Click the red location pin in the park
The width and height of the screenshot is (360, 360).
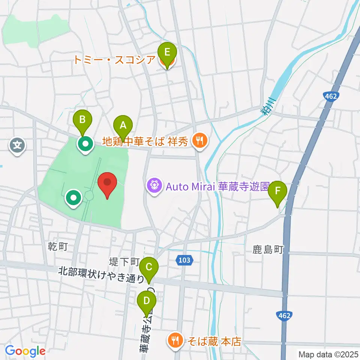pyautogui.click(x=107, y=184)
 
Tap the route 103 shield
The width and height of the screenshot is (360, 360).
pyautogui.click(x=184, y=260)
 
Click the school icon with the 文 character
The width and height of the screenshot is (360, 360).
pyautogui.click(x=18, y=143)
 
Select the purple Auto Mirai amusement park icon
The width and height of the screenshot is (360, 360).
pyautogui.click(x=154, y=185)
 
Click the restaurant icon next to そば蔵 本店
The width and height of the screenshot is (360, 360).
pyautogui.click(x=175, y=340)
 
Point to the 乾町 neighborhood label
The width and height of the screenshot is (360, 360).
pyautogui.click(x=58, y=246)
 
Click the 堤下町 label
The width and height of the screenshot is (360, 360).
pyautogui.click(x=124, y=261)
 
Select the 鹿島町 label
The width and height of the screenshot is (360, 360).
pyautogui.click(x=268, y=249)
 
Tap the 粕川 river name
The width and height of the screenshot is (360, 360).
pyautogui.click(x=267, y=106)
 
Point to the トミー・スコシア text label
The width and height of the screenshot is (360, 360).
pyautogui.click(x=115, y=60)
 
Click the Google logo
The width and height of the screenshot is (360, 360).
pyautogui.click(x=25, y=351)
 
